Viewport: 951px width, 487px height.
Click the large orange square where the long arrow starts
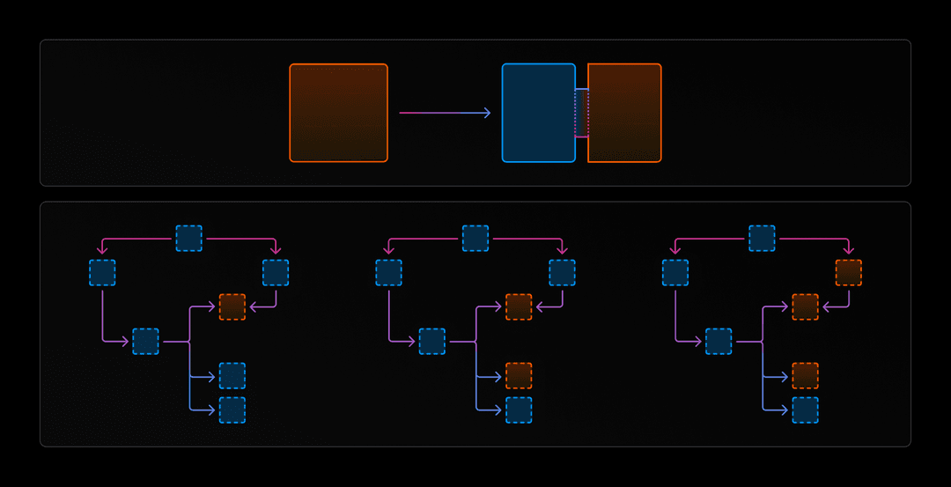click(338, 113)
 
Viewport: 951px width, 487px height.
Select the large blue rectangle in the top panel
click(538, 113)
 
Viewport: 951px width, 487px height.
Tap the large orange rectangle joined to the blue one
click(624, 113)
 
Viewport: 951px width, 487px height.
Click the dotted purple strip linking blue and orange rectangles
click(581, 113)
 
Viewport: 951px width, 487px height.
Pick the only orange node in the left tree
click(232, 306)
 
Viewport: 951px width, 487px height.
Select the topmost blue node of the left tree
click(188, 238)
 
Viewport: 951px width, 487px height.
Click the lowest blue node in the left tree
click(232, 410)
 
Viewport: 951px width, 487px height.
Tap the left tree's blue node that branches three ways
click(145, 341)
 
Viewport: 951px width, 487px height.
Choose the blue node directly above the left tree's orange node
click(276, 272)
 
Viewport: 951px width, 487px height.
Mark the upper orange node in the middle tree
click(519, 306)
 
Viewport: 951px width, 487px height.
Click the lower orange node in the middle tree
click(519, 375)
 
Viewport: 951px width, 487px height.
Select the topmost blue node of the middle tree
click(475, 238)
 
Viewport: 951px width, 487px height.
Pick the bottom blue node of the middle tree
click(519, 410)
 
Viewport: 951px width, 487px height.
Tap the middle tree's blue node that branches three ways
click(432, 341)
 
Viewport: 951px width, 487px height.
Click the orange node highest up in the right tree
click(849, 272)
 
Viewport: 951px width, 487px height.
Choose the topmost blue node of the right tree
click(762, 238)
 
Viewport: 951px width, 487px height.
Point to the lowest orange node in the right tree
click(805, 375)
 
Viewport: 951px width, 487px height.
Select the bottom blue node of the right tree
click(805, 410)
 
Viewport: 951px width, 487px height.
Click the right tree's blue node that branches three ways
click(719, 341)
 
